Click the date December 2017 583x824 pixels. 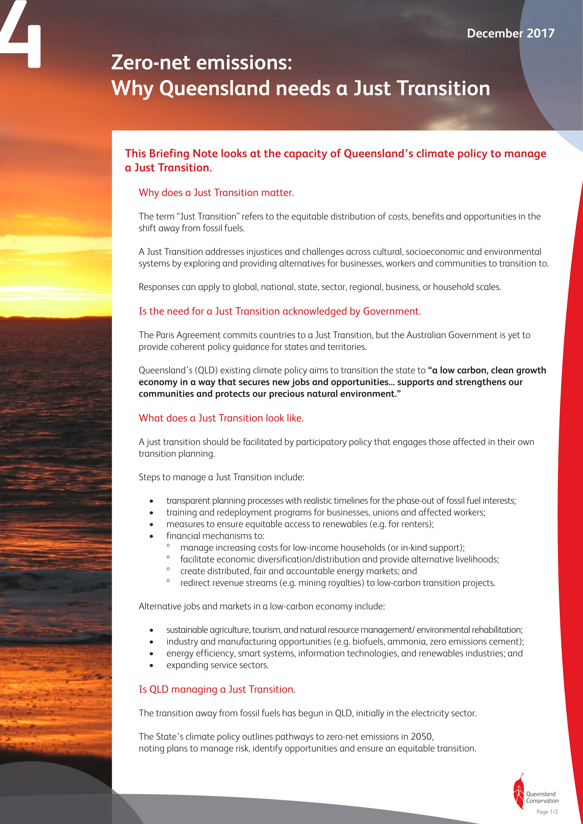510,33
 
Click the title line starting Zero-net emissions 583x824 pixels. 201,62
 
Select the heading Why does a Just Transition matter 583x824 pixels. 216,193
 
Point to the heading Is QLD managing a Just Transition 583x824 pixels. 217,689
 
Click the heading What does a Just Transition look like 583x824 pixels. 221,418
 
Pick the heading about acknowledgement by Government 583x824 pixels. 280,311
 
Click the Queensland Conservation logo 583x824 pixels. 535,796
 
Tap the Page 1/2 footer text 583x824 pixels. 547,812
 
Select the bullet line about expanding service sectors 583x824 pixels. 217,665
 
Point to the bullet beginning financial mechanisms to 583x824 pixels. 215,536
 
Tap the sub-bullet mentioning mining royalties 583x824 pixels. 337,583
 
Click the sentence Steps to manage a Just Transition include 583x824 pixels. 221,477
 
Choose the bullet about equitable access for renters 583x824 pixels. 300,524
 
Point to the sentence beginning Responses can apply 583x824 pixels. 319,287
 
